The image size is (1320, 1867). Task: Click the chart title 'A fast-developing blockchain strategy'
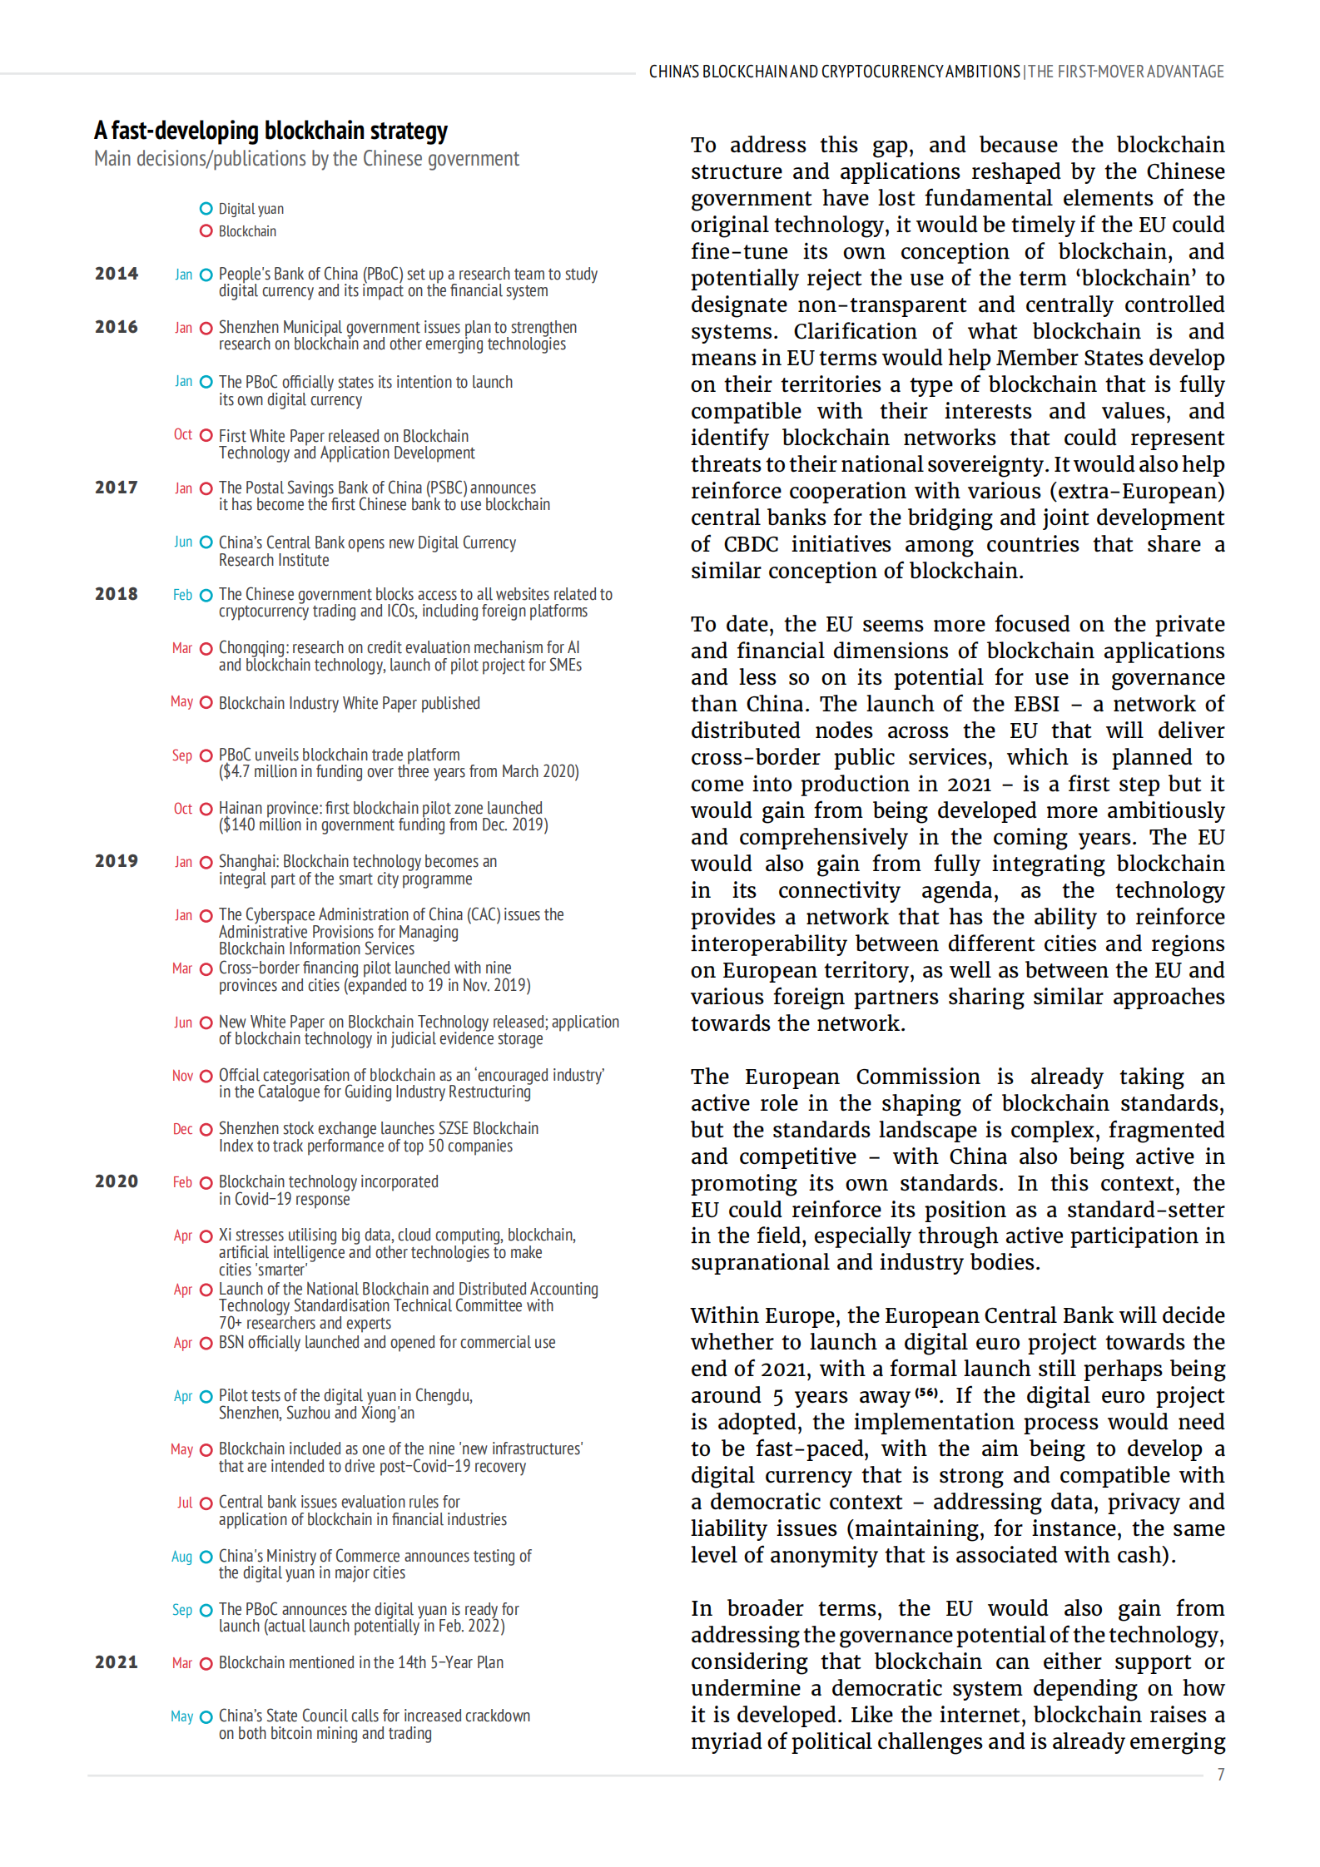tap(270, 131)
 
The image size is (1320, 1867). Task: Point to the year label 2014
tap(117, 274)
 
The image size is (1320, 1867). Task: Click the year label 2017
tap(117, 488)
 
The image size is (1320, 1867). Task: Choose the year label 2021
tap(117, 1662)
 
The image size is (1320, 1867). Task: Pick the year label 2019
tap(117, 861)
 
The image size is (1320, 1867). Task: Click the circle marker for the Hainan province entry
tap(206, 809)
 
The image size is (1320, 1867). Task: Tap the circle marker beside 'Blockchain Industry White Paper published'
tap(206, 703)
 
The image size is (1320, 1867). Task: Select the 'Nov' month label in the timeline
tap(182, 1076)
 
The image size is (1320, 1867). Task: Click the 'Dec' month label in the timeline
tap(182, 1129)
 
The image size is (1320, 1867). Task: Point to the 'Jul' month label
tap(184, 1503)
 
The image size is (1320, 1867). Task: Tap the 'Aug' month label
tap(181, 1557)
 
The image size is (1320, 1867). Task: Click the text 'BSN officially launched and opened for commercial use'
tap(387, 1342)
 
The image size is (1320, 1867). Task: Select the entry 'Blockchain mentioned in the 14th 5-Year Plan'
tap(360, 1662)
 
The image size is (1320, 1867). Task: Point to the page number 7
tap(1220, 1774)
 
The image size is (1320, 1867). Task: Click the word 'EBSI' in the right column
tap(1036, 704)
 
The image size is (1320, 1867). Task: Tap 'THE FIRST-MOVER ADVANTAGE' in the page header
tap(1126, 72)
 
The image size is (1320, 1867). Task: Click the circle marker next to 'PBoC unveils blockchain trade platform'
tap(206, 756)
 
